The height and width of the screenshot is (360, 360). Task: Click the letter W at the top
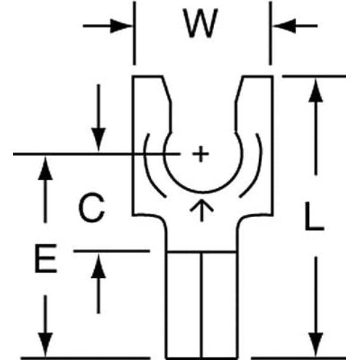point(201,25)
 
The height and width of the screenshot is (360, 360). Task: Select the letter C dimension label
point(92,208)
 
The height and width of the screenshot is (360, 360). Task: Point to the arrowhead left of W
point(122,26)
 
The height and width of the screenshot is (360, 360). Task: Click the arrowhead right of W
point(281,26)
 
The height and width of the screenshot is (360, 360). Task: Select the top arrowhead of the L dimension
point(316,88)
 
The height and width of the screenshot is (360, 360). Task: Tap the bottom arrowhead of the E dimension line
point(44,347)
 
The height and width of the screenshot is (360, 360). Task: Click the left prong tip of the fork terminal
point(148,77)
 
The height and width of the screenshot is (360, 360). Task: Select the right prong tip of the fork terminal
point(257,77)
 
